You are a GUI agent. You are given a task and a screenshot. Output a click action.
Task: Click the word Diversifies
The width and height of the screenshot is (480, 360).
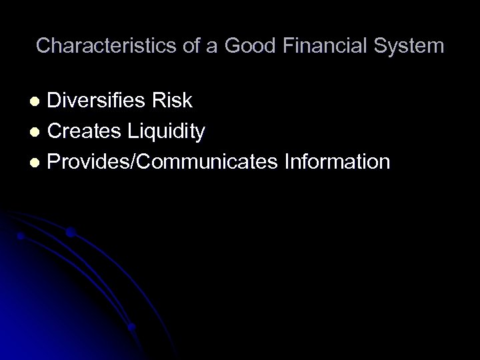click(x=98, y=101)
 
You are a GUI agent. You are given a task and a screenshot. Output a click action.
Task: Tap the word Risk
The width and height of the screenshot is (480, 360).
click(x=173, y=101)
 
